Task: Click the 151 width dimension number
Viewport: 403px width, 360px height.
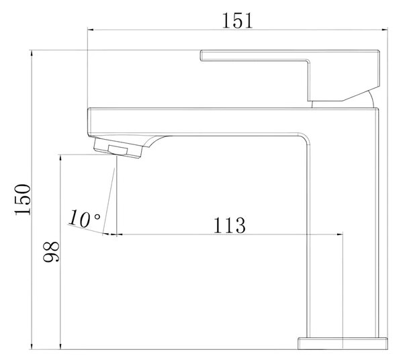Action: point(237,20)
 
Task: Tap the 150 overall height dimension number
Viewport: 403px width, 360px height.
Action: point(23,199)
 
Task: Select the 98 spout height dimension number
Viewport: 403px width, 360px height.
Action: point(51,252)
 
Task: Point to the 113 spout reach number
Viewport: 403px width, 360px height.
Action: point(230,226)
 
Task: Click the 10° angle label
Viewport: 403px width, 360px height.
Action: point(84,218)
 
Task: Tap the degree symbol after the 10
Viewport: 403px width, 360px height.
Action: point(97,217)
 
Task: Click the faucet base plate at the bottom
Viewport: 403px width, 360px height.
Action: point(343,344)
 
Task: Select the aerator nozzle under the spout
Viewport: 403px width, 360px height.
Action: point(118,148)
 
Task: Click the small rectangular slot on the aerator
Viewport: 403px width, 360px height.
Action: point(118,150)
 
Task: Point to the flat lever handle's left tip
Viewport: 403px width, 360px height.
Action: point(201,56)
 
